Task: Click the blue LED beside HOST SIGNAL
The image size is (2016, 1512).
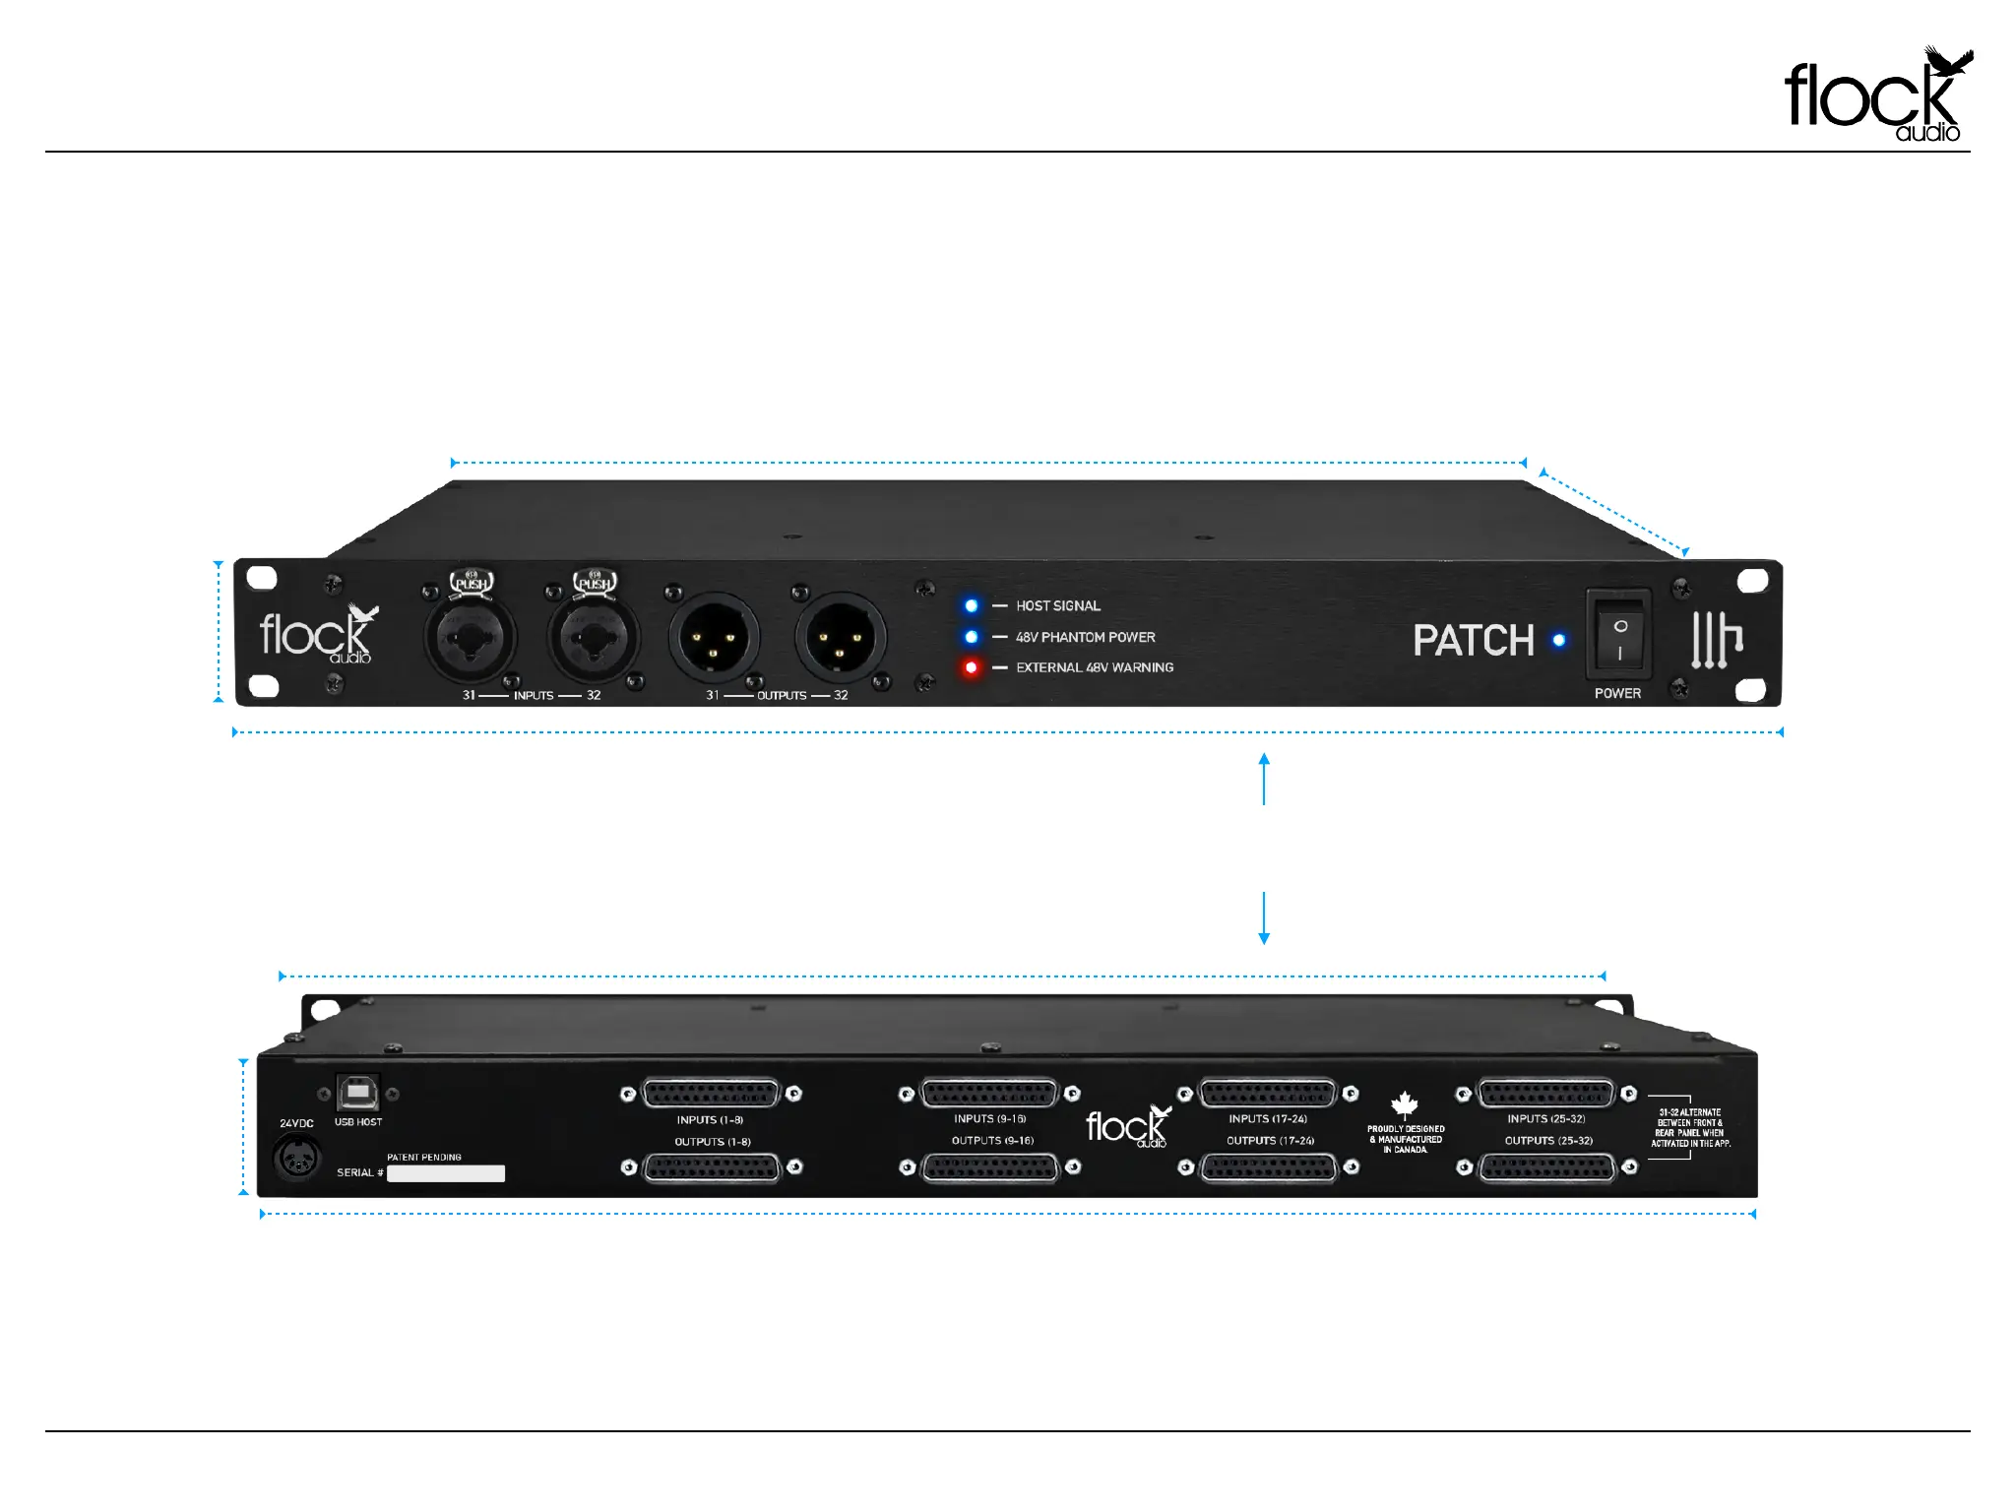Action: pyautogui.click(x=972, y=605)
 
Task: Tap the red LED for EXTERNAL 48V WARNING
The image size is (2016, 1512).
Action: pyautogui.click(x=972, y=667)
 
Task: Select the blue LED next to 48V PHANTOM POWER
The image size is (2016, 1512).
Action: pyautogui.click(x=972, y=637)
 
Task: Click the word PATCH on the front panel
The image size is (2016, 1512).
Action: pyautogui.click(x=1474, y=641)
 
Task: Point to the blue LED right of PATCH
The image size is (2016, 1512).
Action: pyautogui.click(x=1559, y=640)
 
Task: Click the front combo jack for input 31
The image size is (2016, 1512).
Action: pyautogui.click(x=471, y=637)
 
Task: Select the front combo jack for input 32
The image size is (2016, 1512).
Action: pyautogui.click(x=594, y=637)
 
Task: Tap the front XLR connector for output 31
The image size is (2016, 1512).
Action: pyautogui.click(x=714, y=637)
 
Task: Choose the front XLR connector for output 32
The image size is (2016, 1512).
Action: pyautogui.click(x=840, y=637)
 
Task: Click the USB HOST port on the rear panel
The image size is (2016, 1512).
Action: pyautogui.click(x=356, y=1093)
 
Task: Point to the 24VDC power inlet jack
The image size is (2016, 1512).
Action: pyautogui.click(x=296, y=1159)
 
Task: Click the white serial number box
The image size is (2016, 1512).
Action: pyautogui.click(x=446, y=1173)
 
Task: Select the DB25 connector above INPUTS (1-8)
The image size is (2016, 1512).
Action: pyautogui.click(x=710, y=1094)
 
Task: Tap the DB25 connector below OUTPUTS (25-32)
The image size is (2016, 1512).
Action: pyautogui.click(x=1547, y=1167)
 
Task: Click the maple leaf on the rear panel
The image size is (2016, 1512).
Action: pyautogui.click(x=1405, y=1104)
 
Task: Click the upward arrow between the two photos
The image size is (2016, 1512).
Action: pyautogui.click(x=1264, y=778)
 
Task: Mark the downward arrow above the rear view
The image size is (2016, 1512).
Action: pyautogui.click(x=1264, y=919)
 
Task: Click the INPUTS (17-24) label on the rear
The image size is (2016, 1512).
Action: pyautogui.click(x=1268, y=1119)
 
